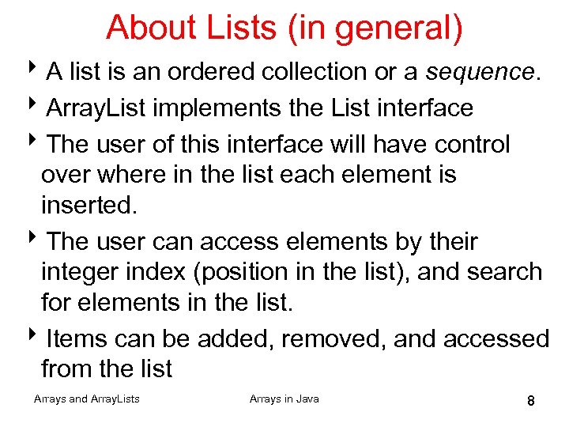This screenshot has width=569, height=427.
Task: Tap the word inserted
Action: (89, 206)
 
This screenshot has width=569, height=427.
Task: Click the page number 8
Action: (531, 402)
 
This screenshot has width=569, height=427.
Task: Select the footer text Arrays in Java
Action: (284, 399)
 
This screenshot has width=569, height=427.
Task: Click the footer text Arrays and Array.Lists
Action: (87, 399)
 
